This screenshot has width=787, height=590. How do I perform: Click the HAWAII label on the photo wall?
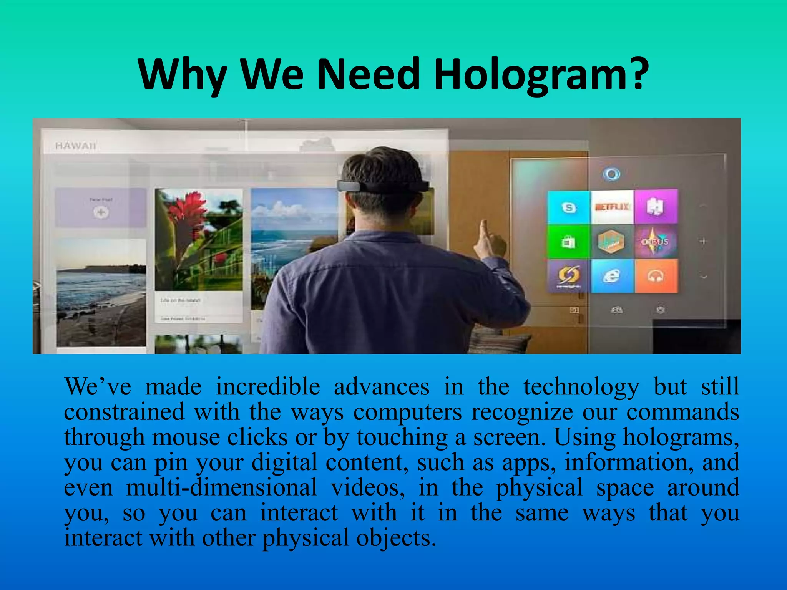tap(76, 146)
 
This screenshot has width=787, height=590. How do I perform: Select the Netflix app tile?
tap(612, 207)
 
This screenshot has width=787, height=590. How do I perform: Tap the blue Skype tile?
tap(569, 207)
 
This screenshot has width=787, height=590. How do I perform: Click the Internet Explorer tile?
tap(612, 276)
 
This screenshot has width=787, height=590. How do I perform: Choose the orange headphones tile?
tap(656, 276)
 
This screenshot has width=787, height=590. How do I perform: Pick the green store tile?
tap(569, 242)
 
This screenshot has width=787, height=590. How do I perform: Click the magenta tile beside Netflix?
tap(656, 207)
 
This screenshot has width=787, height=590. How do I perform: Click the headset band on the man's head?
tap(382, 186)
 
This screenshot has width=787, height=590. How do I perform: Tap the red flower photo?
tap(199, 239)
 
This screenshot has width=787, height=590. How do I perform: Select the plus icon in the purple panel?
tap(101, 212)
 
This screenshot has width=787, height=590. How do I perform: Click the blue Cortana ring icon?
tap(611, 174)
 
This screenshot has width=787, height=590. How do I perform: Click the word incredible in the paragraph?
tap(267, 387)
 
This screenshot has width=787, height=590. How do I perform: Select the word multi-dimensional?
tap(222, 487)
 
